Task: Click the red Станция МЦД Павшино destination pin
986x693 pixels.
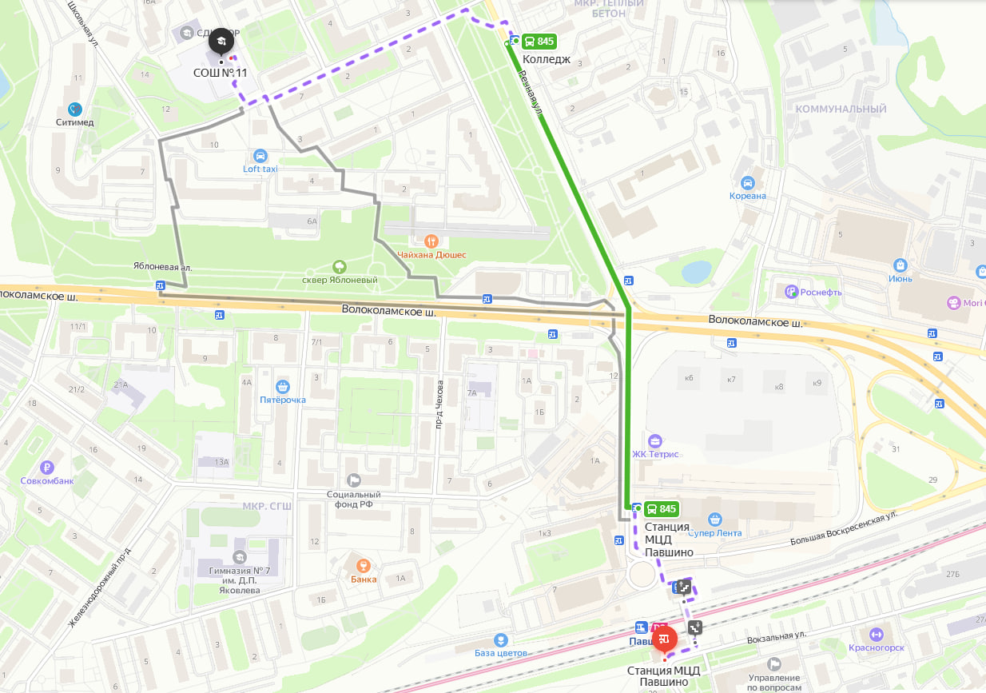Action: [665, 639]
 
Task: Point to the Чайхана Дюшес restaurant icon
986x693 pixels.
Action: [431, 240]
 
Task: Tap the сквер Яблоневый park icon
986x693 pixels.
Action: [339, 266]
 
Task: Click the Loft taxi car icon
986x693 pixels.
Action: [259, 155]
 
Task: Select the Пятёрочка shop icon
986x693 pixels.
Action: [281, 386]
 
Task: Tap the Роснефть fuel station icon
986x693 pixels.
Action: [791, 292]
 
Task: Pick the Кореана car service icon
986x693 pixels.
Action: [747, 182]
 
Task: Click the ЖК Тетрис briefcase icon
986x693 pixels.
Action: [655, 440]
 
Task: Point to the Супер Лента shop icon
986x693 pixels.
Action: [715, 520]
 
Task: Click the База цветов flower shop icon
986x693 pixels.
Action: [500, 639]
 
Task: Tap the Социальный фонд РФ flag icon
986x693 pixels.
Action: [353, 480]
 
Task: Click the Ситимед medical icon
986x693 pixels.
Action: [75, 109]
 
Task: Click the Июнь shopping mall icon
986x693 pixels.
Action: [901, 265]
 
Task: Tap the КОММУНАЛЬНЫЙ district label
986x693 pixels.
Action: [841, 109]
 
